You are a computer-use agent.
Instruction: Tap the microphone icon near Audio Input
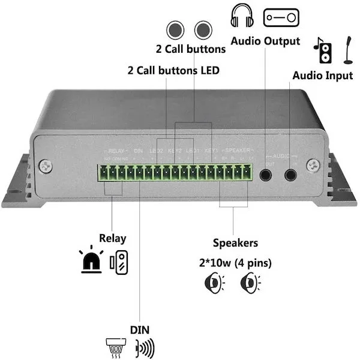[x=348, y=50]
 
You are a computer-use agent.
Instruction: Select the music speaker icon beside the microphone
[x=322, y=50]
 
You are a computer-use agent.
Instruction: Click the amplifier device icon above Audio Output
[x=281, y=16]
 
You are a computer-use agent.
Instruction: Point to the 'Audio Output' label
[x=265, y=41]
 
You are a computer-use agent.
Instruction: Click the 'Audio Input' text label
[x=322, y=76]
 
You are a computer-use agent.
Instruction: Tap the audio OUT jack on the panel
[x=265, y=175]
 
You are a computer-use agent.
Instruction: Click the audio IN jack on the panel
[x=291, y=175]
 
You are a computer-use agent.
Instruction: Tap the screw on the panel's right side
[x=312, y=164]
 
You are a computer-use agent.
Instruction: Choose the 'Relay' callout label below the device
[x=112, y=238]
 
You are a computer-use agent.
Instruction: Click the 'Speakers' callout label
[x=235, y=243]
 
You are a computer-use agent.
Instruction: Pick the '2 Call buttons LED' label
[x=173, y=70]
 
